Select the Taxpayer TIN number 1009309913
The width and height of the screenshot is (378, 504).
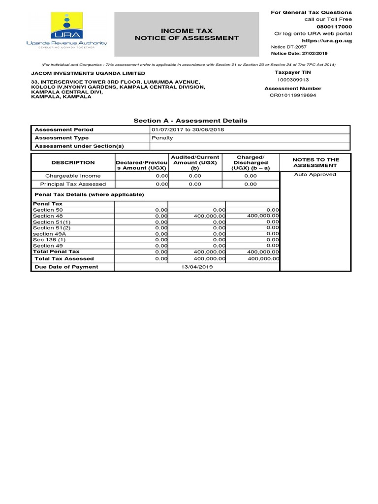click(292, 79)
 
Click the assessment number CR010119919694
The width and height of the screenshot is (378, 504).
click(293, 95)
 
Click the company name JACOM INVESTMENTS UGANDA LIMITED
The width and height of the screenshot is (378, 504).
click(89, 73)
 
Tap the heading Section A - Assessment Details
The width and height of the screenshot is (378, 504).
click(190, 121)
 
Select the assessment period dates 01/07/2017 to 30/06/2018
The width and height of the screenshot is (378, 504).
click(185, 129)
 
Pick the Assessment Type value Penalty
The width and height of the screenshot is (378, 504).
click(162, 138)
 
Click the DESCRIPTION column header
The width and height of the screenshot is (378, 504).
click(73, 162)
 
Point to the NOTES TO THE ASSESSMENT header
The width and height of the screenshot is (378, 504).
click(315, 162)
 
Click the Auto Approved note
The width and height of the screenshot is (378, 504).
click(315, 174)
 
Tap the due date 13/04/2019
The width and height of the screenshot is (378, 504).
click(197, 267)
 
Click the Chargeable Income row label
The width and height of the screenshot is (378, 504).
click(73, 176)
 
